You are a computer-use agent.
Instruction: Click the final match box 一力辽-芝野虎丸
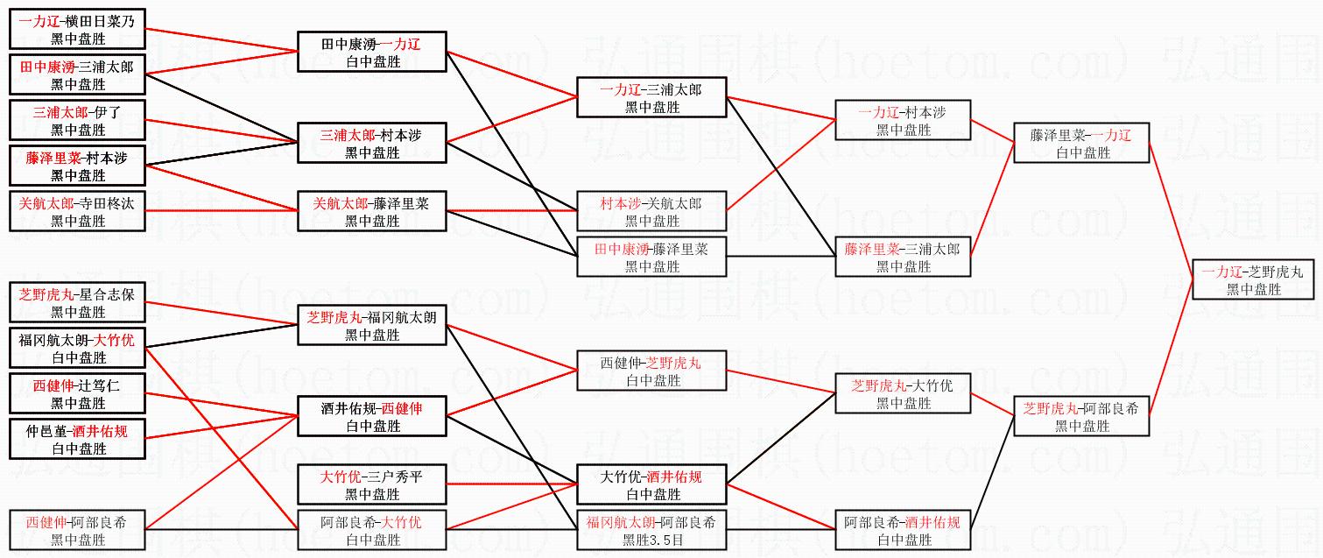point(1253,280)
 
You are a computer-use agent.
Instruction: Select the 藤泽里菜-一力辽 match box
point(1080,144)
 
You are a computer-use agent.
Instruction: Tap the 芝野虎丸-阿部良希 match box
point(1080,416)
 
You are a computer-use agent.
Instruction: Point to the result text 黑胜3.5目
point(651,540)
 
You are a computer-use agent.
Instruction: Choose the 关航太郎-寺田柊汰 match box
point(77,212)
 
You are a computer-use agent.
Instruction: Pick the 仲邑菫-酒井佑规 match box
point(77,440)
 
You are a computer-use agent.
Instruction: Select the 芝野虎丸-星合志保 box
point(77,303)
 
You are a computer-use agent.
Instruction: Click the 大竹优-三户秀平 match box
point(372,485)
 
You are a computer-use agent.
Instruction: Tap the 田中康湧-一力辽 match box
point(372,53)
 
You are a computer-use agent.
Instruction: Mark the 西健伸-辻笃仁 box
point(77,394)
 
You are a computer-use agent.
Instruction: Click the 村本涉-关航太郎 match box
point(651,212)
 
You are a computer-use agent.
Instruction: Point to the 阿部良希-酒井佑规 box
point(903,531)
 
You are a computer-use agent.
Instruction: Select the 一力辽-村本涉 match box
point(903,121)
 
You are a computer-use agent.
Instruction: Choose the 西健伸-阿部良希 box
point(77,531)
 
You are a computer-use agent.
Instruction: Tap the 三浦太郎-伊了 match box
point(77,121)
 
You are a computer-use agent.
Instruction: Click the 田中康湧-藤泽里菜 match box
point(651,258)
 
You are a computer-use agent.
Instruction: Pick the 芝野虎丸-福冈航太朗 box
point(372,326)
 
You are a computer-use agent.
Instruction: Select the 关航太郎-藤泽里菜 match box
point(372,212)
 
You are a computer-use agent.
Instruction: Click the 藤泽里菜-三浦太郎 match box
point(903,258)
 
